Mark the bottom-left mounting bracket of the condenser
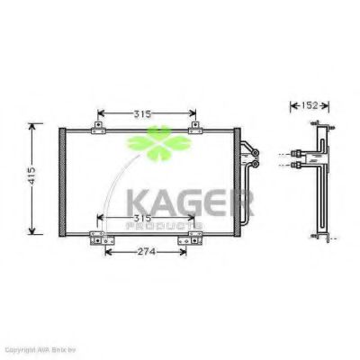pyautogui.click(x=97, y=238)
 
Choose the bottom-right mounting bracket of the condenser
pyautogui.click(x=193, y=238)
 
